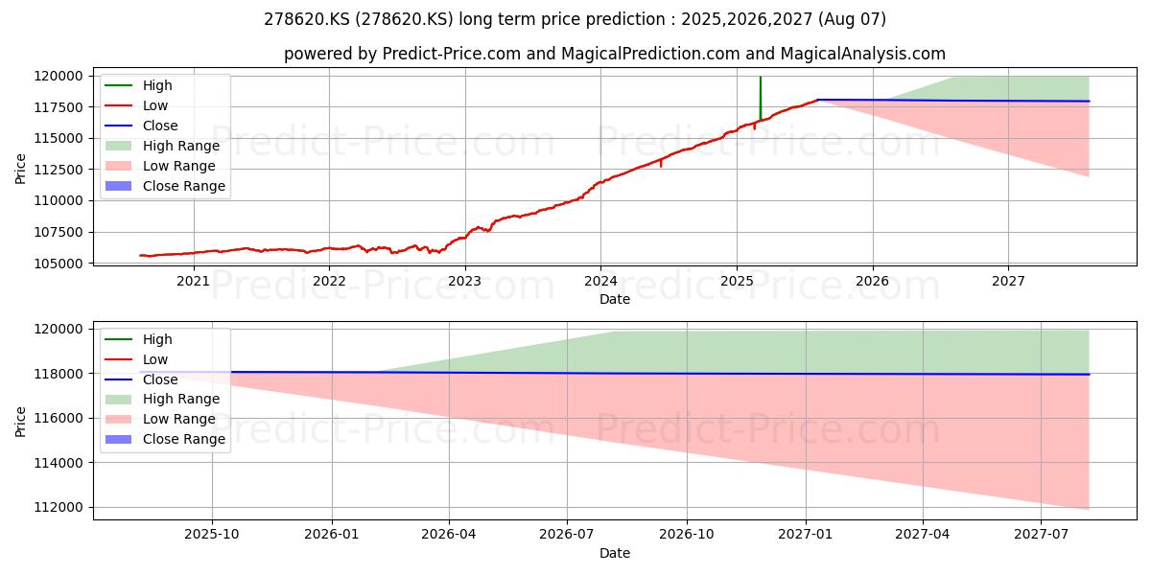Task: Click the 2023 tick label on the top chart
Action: (x=464, y=281)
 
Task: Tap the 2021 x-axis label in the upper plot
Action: (x=193, y=281)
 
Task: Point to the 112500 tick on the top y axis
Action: (x=59, y=170)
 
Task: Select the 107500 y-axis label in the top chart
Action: (x=59, y=232)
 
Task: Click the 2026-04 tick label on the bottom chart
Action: (x=449, y=534)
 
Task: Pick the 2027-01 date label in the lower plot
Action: (x=805, y=534)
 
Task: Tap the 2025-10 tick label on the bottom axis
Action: (x=212, y=534)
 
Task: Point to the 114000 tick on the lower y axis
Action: (x=59, y=463)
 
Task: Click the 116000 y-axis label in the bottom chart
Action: (x=59, y=419)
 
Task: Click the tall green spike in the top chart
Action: (x=760, y=98)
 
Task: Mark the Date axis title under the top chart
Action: (x=615, y=299)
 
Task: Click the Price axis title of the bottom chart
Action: (x=20, y=422)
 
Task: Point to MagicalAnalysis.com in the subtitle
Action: (x=862, y=54)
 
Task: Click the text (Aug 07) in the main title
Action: (x=852, y=19)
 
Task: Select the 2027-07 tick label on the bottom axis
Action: (x=1041, y=534)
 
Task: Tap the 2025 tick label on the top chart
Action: (x=737, y=281)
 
